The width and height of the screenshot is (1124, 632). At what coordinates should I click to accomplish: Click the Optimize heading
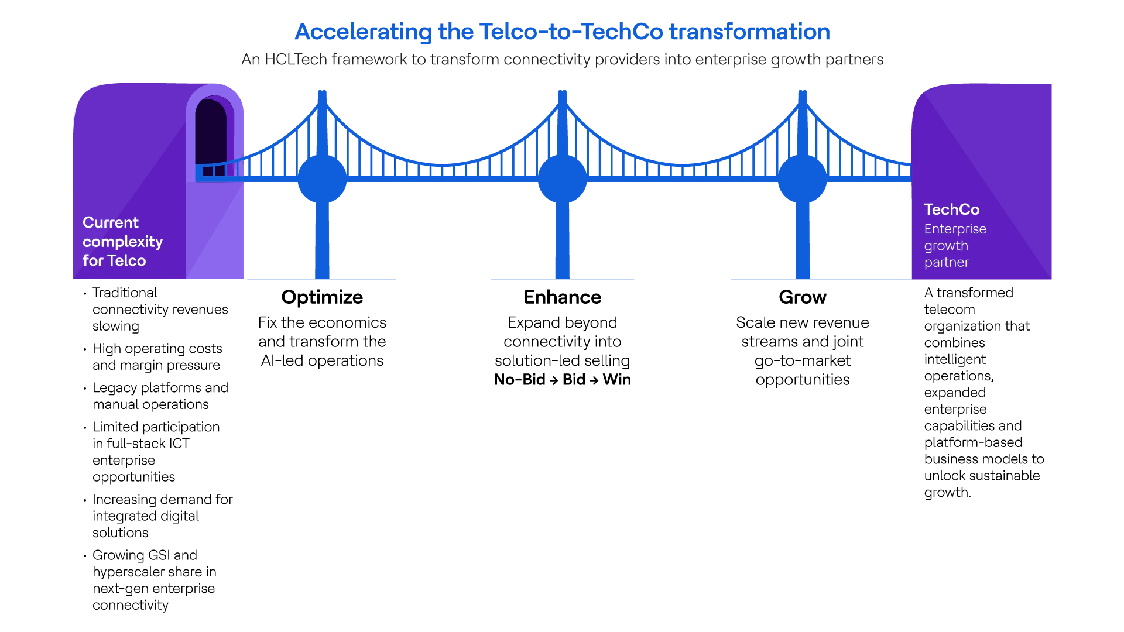click(x=322, y=297)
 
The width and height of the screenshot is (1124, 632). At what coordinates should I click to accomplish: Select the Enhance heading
click(x=562, y=297)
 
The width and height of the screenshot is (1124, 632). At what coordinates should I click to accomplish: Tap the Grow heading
click(x=803, y=297)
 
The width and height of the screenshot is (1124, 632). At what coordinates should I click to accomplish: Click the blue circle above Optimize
click(x=322, y=179)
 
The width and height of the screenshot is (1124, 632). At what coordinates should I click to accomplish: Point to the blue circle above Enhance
click(x=562, y=179)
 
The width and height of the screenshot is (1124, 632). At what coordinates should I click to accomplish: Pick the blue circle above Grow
click(x=803, y=179)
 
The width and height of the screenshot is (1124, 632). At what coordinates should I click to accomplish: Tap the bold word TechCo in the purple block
click(x=951, y=209)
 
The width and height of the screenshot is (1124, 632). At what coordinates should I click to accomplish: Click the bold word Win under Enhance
click(x=617, y=380)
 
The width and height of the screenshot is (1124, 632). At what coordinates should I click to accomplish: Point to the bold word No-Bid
click(x=520, y=380)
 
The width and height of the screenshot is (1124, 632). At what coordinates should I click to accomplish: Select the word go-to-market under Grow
click(x=803, y=361)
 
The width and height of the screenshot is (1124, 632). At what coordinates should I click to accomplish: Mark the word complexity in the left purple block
click(x=123, y=242)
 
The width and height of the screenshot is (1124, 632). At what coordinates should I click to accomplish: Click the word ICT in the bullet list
click(x=180, y=444)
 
